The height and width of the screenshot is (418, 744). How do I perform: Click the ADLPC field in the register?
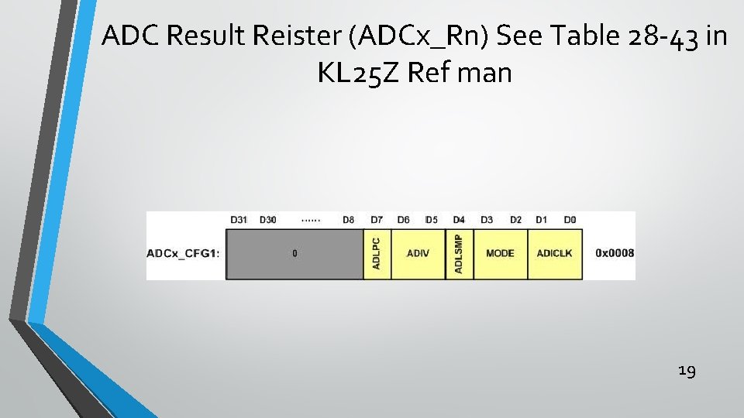[377, 253]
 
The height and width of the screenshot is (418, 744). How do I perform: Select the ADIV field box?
[418, 253]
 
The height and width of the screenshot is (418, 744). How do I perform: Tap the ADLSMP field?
[459, 253]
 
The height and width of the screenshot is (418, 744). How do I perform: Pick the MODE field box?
[500, 253]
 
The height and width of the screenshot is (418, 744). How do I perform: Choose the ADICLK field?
[554, 253]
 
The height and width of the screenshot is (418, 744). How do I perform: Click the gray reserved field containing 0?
[294, 253]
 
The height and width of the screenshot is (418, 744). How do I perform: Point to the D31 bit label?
[239, 220]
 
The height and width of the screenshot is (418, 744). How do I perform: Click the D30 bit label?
[267, 220]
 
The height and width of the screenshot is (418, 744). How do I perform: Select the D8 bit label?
[349, 220]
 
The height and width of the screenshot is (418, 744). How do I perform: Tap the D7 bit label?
[377, 220]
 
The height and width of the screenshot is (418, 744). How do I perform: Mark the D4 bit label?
[459, 220]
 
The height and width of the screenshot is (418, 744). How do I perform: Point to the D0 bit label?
[570, 220]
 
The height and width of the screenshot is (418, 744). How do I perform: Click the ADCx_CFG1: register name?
[182, 253]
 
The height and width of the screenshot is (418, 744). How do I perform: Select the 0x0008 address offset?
[615, 253]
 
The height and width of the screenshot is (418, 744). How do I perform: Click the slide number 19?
[687, 372]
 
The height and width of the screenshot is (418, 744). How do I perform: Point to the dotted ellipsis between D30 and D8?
[311, 221]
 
